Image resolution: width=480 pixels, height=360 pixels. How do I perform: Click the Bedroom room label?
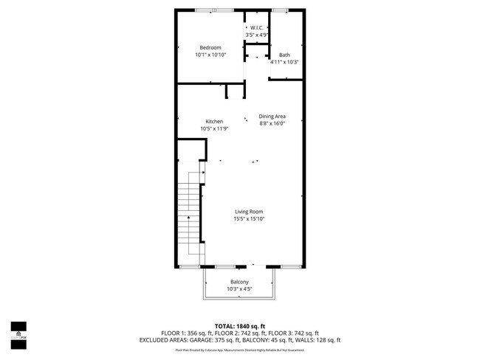click(210, 48)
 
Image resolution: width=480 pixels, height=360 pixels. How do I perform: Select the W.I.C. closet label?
click(256, 27)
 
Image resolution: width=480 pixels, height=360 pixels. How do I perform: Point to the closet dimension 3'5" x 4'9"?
click(256, 34)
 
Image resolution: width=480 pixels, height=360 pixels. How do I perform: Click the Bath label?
click(284, 55)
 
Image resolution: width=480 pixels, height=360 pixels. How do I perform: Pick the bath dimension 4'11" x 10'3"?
click(284, 62)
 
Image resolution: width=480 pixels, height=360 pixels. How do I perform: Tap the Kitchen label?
click(214, 122)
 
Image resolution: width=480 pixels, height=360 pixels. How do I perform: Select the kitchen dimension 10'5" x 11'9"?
click(214, 128)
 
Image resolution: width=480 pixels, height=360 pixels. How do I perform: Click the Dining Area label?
click(272, 117)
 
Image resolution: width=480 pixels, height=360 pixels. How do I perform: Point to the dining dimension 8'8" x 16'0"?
click(272, 123)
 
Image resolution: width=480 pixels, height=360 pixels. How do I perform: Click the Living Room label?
click(249, 212)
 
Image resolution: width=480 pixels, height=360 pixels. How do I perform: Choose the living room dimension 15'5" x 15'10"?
click(249, 218)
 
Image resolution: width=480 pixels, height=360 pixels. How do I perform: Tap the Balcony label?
click(239, 283)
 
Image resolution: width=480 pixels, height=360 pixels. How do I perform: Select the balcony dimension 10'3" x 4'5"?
click(239, 289)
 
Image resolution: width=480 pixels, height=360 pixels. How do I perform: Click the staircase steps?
click(190, 210)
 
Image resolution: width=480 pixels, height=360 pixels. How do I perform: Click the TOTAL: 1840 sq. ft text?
click(240, 326)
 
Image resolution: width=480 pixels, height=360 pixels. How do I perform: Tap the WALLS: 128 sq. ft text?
click(318, 340)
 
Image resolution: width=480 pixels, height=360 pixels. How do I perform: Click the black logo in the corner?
click(18, 334)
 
